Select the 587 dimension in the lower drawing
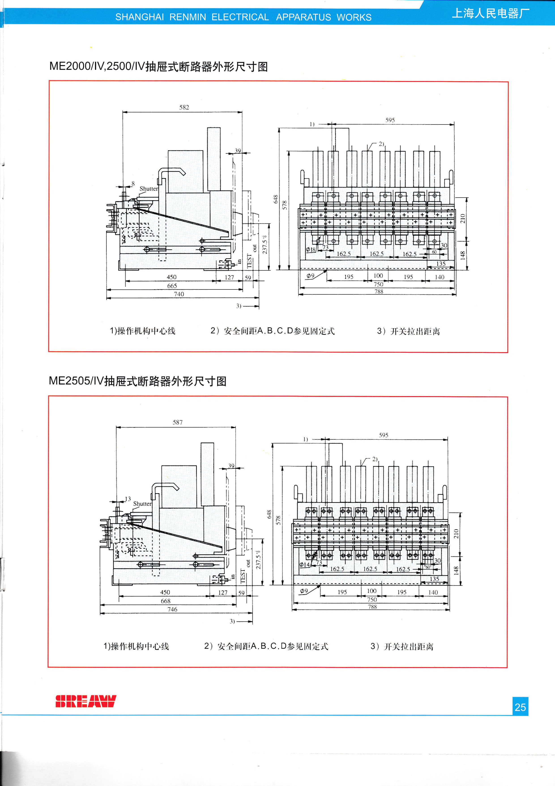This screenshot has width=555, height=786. click(x=177, y=422)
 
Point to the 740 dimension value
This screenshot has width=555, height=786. click(x=179, y=294)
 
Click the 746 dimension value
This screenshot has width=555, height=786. click(x=172, y=609)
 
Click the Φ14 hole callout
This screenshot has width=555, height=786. click(x=304, y=564)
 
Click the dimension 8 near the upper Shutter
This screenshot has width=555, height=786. click(x=133, y=184)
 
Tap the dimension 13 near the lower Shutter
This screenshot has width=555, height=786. click(x=128, y=499)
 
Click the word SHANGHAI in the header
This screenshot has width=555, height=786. click(x=139, y=17)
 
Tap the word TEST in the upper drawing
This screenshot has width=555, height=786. click(x=249, y=261)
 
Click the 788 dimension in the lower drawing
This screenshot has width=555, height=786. click(x=372, y=607)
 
